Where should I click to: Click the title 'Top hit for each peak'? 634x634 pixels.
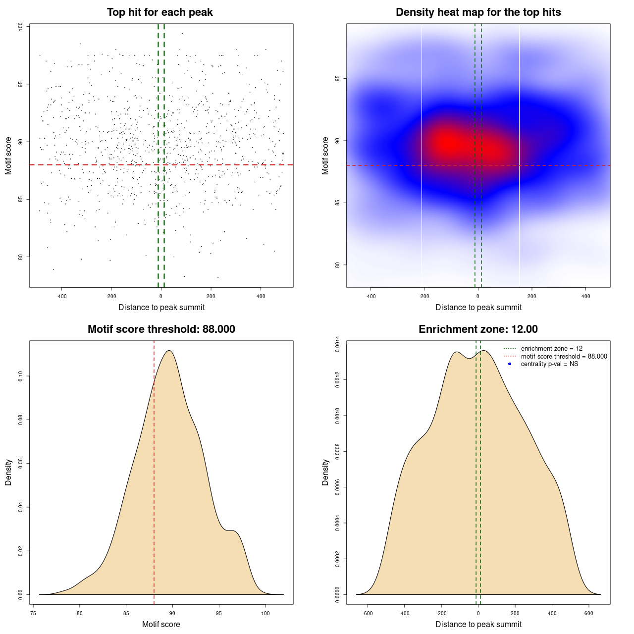pyautogui.click(x=159, y=12)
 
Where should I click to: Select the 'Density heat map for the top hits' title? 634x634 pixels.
pyautogui.click(x=478, y=12)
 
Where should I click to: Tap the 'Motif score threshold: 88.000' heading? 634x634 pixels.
pyautogui.click(x=161, y=329)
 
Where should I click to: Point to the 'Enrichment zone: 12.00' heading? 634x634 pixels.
pyautogui.click(x=478, y=329)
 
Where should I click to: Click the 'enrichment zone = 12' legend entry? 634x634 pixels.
pyautogui.click(x=551, y=349)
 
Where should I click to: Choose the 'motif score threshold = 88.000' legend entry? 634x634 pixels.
pyautogui.click(x=564, y=357)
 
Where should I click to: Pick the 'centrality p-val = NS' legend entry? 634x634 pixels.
pyautogui.click(x=549, y=364)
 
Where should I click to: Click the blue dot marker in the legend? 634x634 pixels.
pyautogui.click(x=510, y=364)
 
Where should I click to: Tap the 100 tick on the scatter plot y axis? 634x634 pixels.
pyautogui.click(x=21, y=27)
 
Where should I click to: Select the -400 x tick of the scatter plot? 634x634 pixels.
pyautogui.click(x=61, y=296)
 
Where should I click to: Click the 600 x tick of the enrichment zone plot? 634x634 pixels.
pyautogui.click(x=589, y=613)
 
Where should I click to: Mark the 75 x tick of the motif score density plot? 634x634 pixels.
pyautogui.click(x=33, y=613)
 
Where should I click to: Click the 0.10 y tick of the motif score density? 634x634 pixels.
pyautogui.click(x=21, y=376)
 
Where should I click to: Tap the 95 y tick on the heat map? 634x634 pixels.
pyautogui.click(x=338, y=79)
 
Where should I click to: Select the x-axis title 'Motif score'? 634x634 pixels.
pyautogui.click(x=161, y=624)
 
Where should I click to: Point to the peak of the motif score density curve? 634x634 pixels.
pyautogui.click(x=169, y=351)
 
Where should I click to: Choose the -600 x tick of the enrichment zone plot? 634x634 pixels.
pyautogui.click(x=368, y=613)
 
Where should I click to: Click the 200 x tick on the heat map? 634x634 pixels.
pyautogui.click(x=531, y=296)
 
